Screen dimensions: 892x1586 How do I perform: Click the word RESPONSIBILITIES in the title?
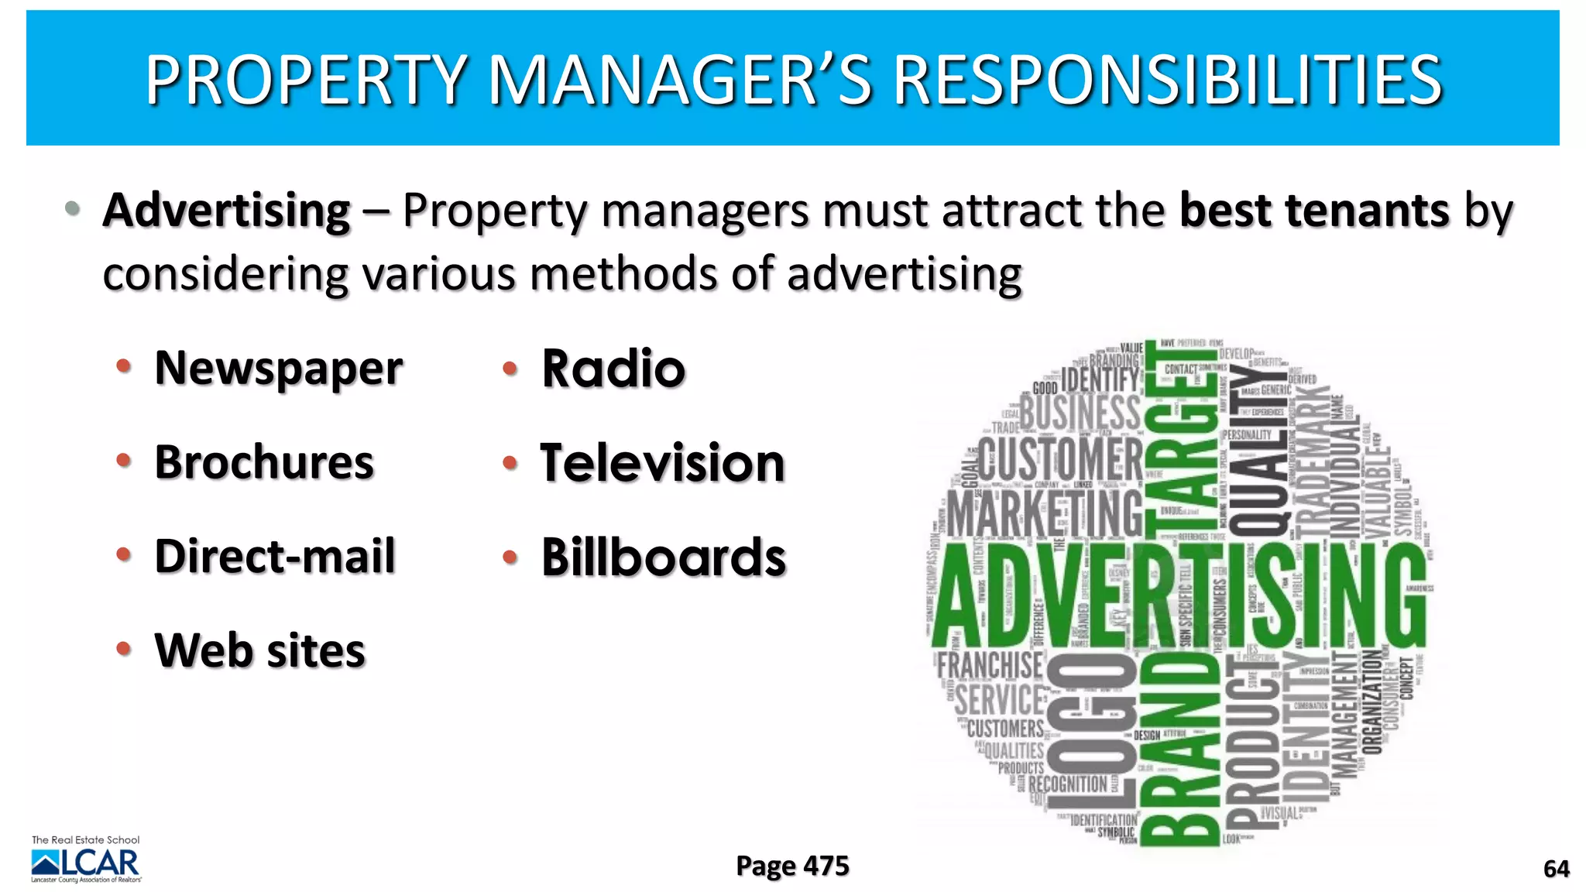point(1168,80)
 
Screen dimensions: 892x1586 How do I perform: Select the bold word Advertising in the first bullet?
point(227,211)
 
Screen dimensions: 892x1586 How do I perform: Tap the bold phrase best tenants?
point(1314,211)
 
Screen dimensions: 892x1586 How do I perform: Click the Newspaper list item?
point(279,369)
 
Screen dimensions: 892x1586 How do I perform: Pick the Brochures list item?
point(264,462)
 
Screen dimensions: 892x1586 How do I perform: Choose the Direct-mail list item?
point(275,556)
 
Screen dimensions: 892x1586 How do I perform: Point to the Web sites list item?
point(259,650)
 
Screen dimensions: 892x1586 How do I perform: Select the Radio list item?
point(613,369)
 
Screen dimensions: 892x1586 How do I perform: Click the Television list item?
point(663,463)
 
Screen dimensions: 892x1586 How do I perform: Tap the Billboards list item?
point(664,557)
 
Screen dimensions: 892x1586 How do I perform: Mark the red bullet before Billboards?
point(510,556)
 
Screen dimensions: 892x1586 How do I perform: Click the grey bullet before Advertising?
point(73,208)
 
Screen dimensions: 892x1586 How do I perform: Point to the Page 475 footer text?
point(792,866)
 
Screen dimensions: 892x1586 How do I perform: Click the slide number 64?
point(1557,869)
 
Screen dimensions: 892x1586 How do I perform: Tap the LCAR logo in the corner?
point(86,861)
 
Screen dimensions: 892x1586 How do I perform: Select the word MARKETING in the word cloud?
point(1045,513)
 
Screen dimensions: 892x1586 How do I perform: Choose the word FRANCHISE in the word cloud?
point(990,664)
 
